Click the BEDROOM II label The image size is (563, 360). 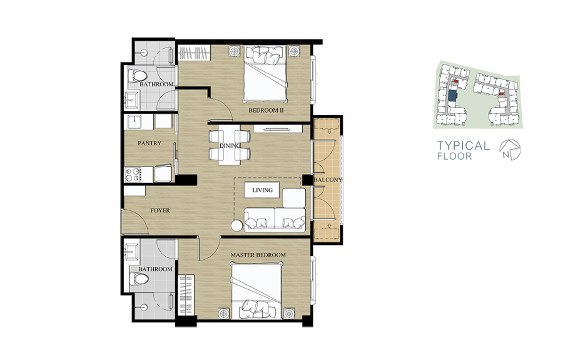(x=266, y=110)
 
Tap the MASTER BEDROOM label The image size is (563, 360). (x=258, y=255)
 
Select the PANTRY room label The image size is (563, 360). (x=150, y=143)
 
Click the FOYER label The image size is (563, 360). (x=160, y=210)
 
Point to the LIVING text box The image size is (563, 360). (x=263, y=190)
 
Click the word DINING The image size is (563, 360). (x=230, y=145)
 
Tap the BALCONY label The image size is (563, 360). (x=327, y=179)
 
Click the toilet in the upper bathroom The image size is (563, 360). (x=137, y=76)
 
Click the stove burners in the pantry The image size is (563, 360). (x=132, y=175)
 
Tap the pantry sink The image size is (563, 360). (x=134, y=122)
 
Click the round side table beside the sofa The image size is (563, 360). (x=237, y=225)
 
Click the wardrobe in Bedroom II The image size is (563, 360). (x=195, y=53)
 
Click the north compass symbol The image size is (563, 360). (x=510, y=150)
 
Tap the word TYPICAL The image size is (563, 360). (x=463, y=145)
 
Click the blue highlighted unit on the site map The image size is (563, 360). (x=453, y=96)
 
